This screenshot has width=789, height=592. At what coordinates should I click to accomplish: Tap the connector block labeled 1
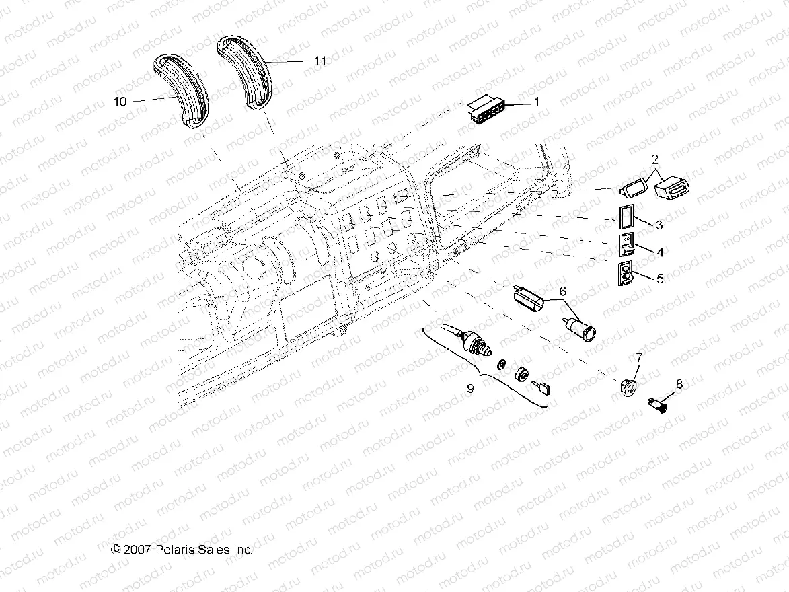click(487, 110)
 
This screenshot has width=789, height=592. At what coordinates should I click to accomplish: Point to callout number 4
click(660, 252)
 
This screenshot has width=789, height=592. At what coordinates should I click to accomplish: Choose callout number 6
click(563, 291)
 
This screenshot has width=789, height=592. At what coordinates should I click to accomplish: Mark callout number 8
click(679, 384)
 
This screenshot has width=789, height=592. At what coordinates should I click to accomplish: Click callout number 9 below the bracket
click(470, 388)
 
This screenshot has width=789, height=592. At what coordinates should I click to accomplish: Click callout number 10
click(120, 101)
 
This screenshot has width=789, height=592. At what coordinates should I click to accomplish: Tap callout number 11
click(320, 61)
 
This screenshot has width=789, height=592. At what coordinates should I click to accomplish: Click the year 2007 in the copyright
click(137, 550)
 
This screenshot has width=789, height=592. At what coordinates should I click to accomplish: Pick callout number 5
click(660, 278)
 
